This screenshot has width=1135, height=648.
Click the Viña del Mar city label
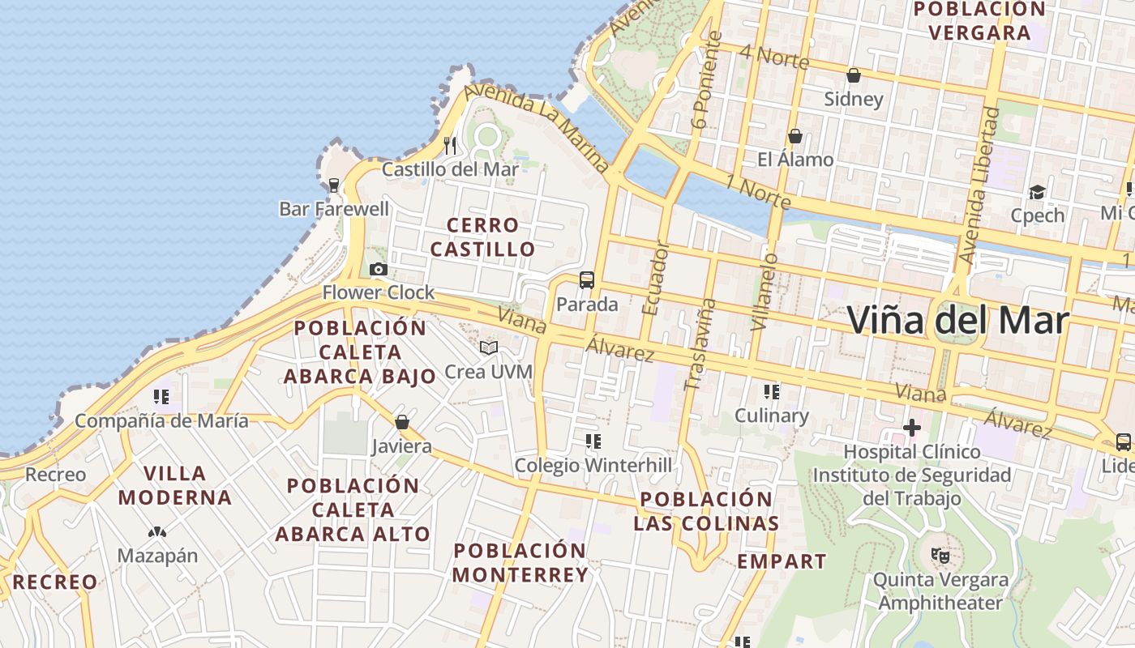click(957, 320)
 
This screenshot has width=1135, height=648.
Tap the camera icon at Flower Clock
click(378, 270)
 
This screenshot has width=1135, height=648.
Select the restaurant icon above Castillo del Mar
click(450, 146)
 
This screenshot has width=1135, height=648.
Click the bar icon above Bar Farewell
click(333, 185)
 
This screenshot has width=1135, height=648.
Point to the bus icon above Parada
click(587, 280)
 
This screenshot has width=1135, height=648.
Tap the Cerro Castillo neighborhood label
click(482, 237)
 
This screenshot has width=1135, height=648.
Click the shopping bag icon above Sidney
click(853, 76)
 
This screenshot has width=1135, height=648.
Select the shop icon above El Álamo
click(794, 136)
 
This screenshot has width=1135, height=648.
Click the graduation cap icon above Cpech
click(1037, 192)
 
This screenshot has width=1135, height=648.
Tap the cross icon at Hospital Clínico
click(912, 427)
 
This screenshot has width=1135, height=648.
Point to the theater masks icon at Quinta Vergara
click(940, 556)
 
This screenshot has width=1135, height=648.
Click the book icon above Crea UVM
click(488, 348)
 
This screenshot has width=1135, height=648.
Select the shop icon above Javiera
click(401, 422)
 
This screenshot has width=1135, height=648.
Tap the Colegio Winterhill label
click(593, 465)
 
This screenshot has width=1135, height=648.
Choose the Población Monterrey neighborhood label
click(520, 563)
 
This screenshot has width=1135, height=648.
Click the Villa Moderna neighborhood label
click(175, 485)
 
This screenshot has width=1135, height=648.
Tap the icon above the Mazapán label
click(157, 533)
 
